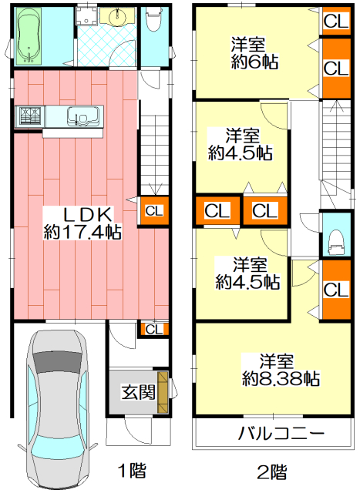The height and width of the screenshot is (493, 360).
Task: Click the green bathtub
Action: coord(29,36)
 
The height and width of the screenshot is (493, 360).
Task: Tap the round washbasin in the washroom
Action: coord(117,16)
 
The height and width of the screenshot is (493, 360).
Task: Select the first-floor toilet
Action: coord(153,18)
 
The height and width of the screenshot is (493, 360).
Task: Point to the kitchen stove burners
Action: coord(31,116)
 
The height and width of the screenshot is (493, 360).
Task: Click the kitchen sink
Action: coord(83,116)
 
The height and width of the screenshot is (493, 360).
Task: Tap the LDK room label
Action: coord(88,215)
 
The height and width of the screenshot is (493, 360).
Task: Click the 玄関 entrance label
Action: coord(139,392)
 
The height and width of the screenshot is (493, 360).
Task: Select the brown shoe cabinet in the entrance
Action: coord(163,392)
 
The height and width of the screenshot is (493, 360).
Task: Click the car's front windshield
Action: coord(56,361)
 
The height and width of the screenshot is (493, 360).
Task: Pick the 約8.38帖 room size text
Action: coord(281,379)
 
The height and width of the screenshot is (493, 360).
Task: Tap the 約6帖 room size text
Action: coord(254,62)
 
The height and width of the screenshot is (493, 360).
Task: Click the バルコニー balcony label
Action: coord(281,434)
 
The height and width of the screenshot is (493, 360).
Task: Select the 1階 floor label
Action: coord(132,471)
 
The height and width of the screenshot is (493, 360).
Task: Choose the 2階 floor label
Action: coord(272,471)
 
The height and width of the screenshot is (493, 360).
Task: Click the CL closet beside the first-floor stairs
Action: coord(154,210)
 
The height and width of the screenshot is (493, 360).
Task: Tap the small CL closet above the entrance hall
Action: coord(154,329)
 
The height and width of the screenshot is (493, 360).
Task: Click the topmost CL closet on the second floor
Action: coord(336,21)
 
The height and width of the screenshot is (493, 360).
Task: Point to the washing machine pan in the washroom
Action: coord(86,16)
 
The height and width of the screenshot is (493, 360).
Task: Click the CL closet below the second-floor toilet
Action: coord(336,290)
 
